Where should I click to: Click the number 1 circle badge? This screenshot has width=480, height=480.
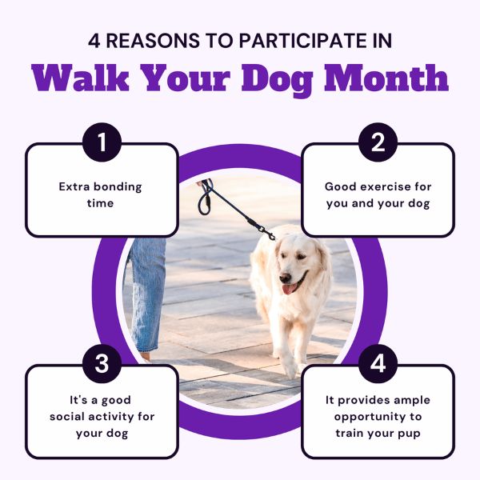coord(102,142)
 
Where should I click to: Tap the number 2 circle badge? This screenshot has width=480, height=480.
coord(378,142)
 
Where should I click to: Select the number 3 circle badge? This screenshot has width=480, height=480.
coord(102,363)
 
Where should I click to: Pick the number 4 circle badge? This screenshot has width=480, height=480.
coord(378,363)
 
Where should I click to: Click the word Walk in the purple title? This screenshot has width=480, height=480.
coord(81,78)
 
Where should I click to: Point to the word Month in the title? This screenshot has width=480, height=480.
coord(386,78)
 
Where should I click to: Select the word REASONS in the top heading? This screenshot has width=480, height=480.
coord(153,41)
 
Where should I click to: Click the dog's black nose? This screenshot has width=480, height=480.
coord(285,278)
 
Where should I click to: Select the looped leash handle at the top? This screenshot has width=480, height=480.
coord(206,198)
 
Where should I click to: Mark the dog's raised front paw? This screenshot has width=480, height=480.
coord(290,366)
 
